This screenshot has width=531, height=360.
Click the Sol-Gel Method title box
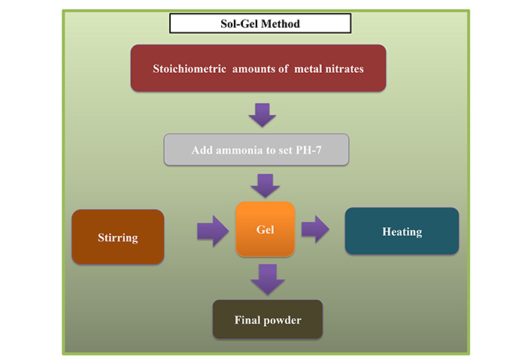[260, 23]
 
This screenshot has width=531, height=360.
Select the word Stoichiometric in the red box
[190, 68]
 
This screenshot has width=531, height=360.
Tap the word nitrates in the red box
[344, 69]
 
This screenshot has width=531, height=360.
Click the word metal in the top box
[308, 69]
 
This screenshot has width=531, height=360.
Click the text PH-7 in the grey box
[308, 150]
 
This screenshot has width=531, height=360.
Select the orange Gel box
[265, 229]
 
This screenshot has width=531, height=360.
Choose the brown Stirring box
[118, 237]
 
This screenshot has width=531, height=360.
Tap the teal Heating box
[402, 231]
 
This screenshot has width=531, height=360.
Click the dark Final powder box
[268, 319]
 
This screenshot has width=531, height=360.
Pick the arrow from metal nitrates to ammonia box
[262, 115]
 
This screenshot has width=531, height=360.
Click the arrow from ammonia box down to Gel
[265, 186]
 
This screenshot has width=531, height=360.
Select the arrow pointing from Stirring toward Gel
[213, 231]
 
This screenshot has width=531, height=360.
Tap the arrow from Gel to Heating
[315, 229]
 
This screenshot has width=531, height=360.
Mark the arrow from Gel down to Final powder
[268, 280]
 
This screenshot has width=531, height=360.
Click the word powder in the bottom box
[283, 320]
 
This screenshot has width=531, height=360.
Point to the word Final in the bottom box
[247, 319]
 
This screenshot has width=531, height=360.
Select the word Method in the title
[281, 24]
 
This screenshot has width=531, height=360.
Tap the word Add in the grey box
[202, 150]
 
